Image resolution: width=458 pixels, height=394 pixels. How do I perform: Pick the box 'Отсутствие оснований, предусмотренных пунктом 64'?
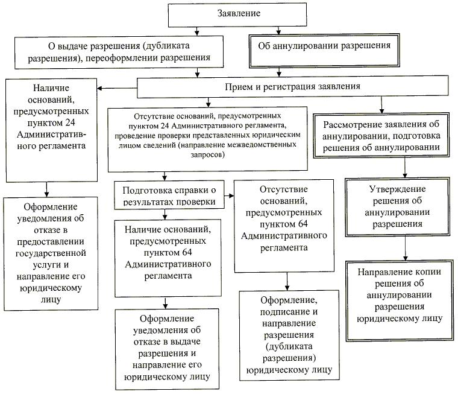[x=283, y=226]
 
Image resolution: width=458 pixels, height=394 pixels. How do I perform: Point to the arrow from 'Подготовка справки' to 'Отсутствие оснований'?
[x=225, y=195]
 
